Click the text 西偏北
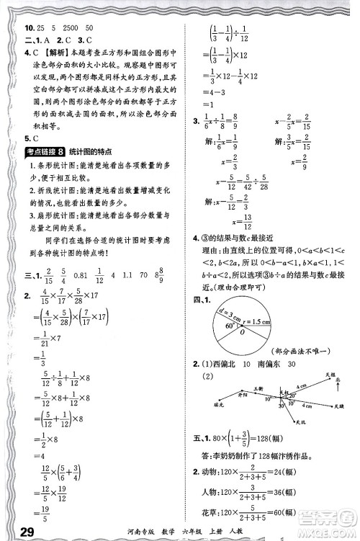228,363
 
